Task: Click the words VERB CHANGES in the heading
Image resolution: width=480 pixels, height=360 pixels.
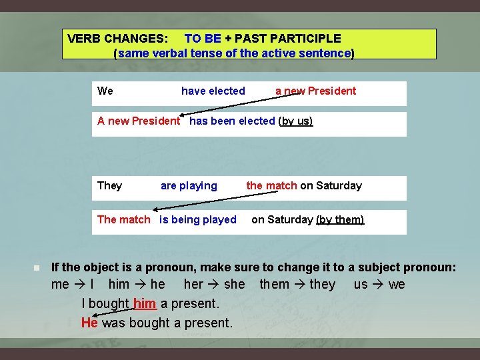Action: (x=117, y=39)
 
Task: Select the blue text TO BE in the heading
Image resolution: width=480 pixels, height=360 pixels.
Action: (x=202, y=39)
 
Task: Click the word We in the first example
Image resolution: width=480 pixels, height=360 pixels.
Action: (x=105, y=91)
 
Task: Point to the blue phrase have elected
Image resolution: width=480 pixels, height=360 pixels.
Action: (x=213, y=91)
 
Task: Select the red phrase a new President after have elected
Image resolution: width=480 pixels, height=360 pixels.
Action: (x=315, y=91)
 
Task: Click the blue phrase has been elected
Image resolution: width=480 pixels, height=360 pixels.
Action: (x=232, y=121)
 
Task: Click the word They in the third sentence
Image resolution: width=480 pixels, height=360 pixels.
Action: (x=109, y=185)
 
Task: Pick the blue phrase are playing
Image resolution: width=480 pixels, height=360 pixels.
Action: (x=189, y=185)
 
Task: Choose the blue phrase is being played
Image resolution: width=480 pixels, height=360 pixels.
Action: (x=197, y=219)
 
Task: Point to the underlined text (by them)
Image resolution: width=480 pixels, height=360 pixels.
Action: (x=340, y=219)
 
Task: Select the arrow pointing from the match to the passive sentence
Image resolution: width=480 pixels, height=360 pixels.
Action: (x=247, y=199)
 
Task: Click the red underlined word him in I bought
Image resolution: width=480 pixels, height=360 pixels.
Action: (x=145, y=303)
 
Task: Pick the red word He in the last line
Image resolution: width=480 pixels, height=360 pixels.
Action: (x=89, y=323)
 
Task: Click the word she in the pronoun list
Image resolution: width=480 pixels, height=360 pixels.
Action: (x=235, y=285)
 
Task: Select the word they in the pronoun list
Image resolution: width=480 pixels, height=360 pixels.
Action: (x=323, y=285)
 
